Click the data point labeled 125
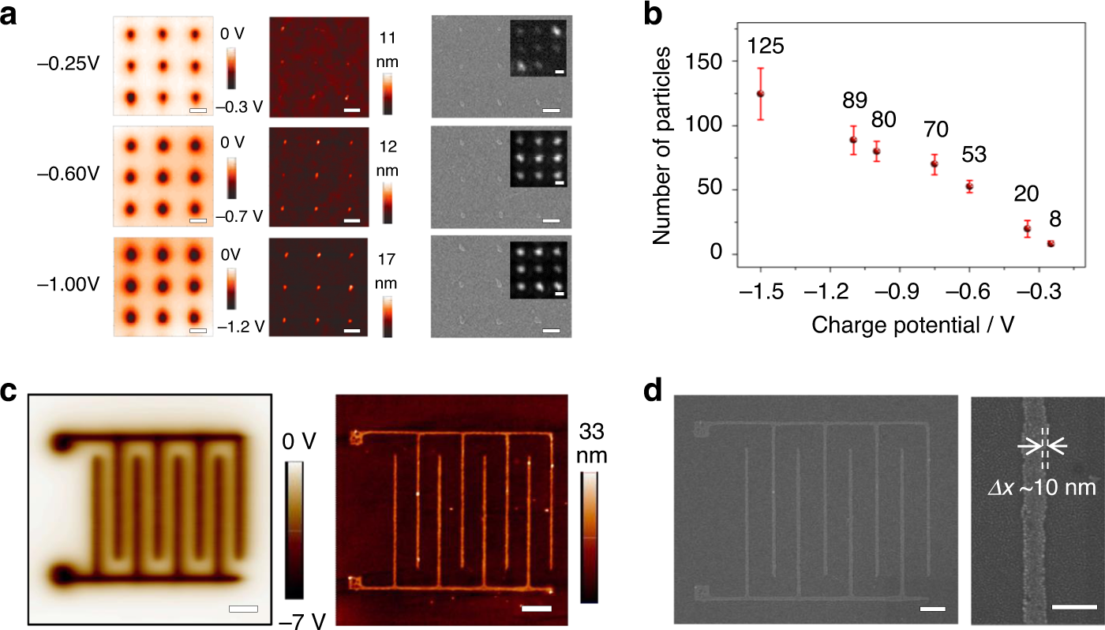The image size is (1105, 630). [760, 93]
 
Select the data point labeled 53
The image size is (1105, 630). [970, 186]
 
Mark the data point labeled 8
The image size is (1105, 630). [1051, 243]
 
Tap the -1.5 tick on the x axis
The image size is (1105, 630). [759, 292]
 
